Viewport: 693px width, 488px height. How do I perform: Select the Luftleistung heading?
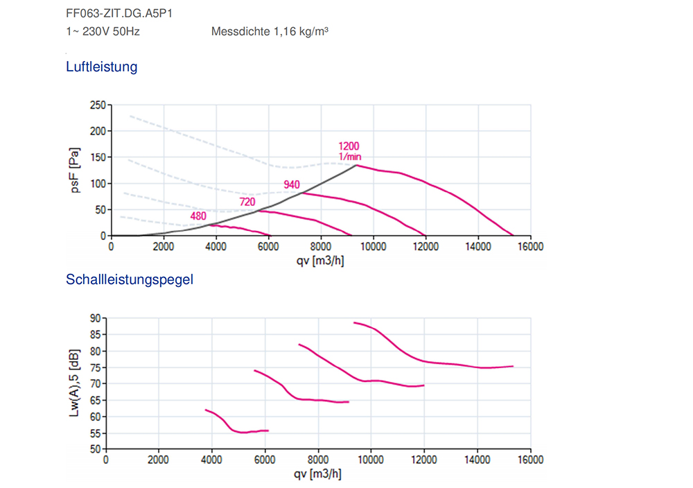(102, 67)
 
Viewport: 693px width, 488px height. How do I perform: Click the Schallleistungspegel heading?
(130, 280)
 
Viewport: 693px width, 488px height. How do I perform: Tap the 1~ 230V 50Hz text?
(103, 31)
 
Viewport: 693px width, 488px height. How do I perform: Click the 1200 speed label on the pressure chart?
(349, 146)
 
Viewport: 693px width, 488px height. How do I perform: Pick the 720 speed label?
(247, 202)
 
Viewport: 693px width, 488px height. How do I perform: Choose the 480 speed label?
(198, 216)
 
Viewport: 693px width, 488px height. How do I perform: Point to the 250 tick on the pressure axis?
(98, 105)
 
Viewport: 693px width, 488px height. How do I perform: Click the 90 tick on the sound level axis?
(94, 318)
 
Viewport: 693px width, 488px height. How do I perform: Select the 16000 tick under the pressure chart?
(530, 245)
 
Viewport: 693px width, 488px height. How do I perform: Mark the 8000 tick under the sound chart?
(318, 460)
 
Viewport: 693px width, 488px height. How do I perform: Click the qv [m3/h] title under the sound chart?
(317, 474)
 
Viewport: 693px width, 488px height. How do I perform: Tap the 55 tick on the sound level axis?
(94, 433)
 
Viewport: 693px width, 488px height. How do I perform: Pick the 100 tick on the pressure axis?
(98, 184)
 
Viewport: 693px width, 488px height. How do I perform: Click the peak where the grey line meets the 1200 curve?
(356, 165)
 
